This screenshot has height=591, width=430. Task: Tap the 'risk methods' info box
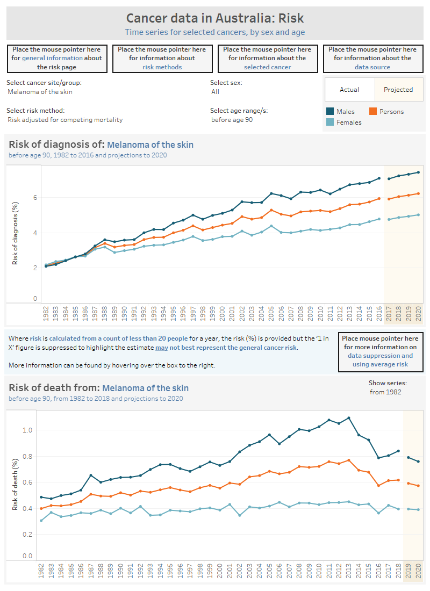[162, 58]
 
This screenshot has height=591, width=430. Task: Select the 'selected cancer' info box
[267, 58]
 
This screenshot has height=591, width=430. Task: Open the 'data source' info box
[372, 58]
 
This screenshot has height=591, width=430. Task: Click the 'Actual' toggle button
[349, 90]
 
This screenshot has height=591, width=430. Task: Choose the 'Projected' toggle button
[398, 90]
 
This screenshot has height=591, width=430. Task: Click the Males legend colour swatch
[331, 112]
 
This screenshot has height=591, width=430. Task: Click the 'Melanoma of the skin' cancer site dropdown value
[40, 92]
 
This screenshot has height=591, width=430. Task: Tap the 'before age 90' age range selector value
[232, 120]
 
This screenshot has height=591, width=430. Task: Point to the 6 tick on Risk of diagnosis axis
[35, 198]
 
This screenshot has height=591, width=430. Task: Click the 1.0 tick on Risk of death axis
[28, 430]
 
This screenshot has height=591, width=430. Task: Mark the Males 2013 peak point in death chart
[349, 417]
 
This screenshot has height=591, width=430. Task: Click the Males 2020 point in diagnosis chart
[418, 172]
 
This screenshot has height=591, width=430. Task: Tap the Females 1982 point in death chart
[41, 520]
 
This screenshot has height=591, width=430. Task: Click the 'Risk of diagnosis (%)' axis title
[16, 233]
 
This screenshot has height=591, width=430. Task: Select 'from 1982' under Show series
[385, 392]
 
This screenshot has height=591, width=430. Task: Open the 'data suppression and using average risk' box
[381, 351]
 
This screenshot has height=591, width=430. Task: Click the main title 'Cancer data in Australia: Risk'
[215, 19]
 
